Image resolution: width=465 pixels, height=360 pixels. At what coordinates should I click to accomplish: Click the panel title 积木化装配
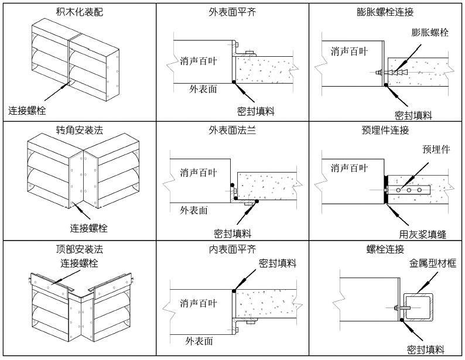pyautogui.click(x=79, y=12)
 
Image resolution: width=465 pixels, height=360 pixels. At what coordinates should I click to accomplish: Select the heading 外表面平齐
pyautogui.click(x=232, y=12)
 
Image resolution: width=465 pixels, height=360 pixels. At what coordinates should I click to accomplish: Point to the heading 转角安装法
pyautogui.click(x=79, y=130)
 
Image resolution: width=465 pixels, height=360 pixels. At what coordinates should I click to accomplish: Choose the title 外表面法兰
pyautogui.click(x=232, y=130)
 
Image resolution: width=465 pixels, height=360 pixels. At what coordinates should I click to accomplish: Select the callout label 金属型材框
pyautogui.click(x=432, y=263)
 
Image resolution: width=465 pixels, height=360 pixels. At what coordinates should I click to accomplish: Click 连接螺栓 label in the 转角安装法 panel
pyautogui.click(x=89, y=228)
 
